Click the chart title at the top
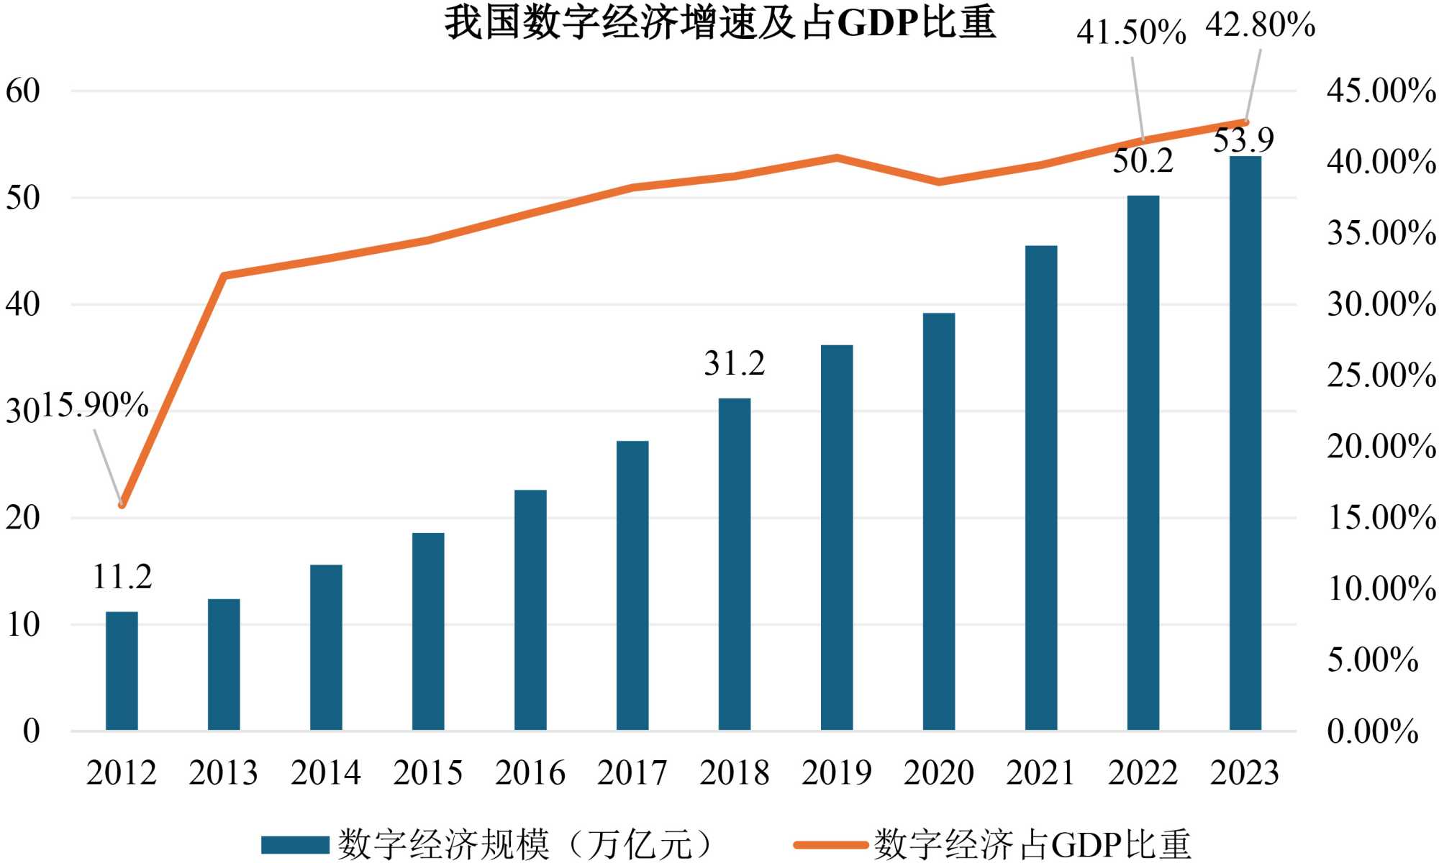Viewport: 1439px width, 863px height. pyautogui.click(x=719, y=23)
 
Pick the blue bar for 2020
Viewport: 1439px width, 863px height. pyautogui.click(x=939, y=521)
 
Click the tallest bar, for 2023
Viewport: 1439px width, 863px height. pyautogui.click(x=1245, y=443)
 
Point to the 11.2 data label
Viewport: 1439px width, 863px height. pyautogui.click(x=122, y=577)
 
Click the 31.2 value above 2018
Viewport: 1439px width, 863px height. pyautogui.click(x=734, y=363)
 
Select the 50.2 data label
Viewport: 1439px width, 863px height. pyautogui.click(x=1143, y=160)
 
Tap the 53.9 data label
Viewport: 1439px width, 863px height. pyautogui.click(x=1243, y=140)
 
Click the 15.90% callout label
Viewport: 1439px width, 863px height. pyautogui.click(x=95, y=406)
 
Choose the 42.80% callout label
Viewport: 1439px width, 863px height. pyautogui.click(x=1261, y=25)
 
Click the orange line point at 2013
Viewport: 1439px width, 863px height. pyautogui.click(x=224, y=275)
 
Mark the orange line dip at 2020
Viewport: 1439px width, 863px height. pyautogui.click(x=939, y=182)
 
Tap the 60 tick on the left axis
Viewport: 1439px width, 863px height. pyautogui.click(x=23, y=91)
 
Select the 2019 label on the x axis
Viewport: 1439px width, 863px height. pyautogui.click(x=837, y=773)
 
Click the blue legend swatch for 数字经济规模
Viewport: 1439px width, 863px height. pyautogui.click(x=295, y=844)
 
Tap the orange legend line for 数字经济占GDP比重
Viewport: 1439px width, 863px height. pyautogui.click(x=830, y=844)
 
